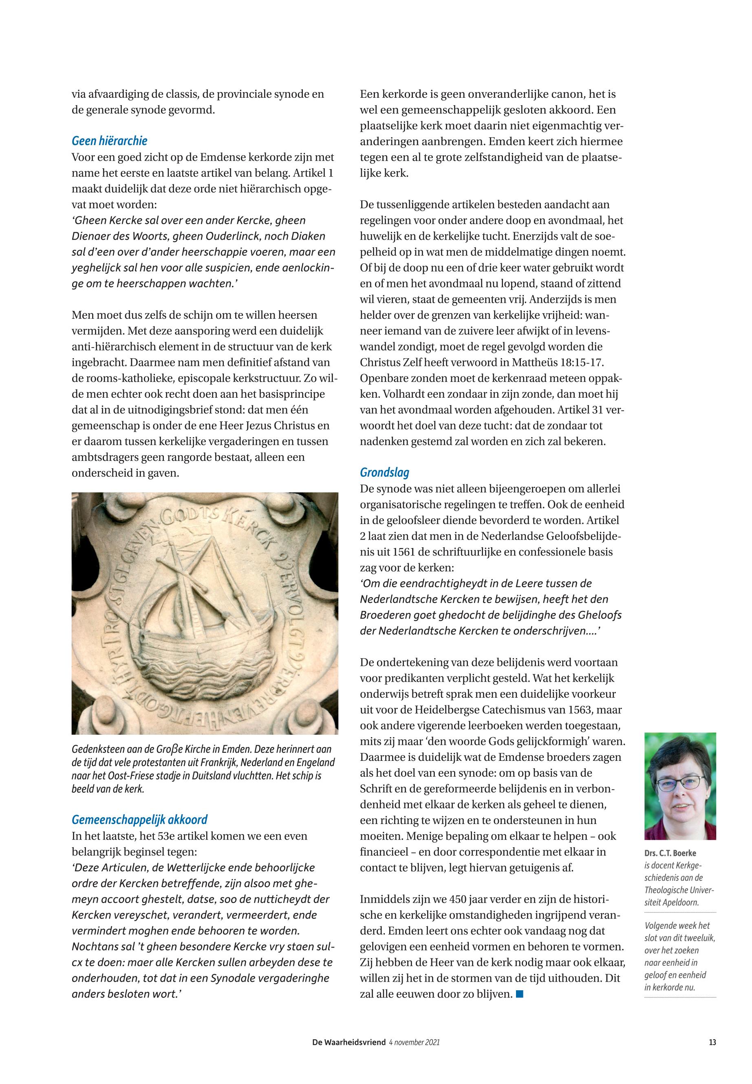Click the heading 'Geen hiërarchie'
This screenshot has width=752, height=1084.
109,141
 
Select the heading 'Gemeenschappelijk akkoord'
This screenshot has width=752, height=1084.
139,820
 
